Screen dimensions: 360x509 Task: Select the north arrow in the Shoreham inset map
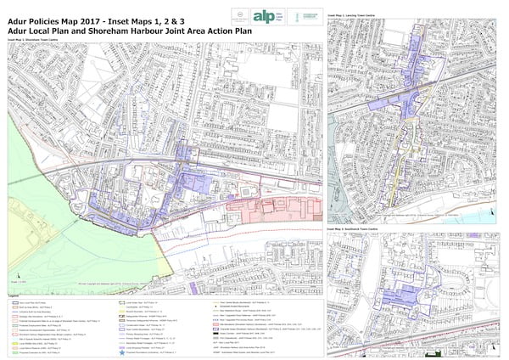(x=12, y=267)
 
